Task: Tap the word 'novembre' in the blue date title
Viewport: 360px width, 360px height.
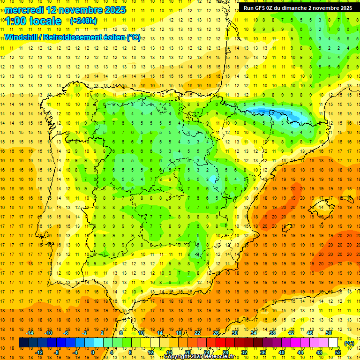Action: coord(75,10)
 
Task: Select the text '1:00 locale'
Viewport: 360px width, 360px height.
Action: coord(33,21)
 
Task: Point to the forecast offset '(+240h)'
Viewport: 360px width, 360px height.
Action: coord(83,21)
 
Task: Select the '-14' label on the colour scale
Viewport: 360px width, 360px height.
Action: coord(30,332)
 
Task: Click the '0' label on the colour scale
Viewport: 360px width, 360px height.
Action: coord(93,352)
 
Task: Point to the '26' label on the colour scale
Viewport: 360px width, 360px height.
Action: coord(216,332)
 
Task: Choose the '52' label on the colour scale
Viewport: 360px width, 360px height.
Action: coord(338,352)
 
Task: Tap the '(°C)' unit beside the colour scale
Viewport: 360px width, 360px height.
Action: coord(349,343)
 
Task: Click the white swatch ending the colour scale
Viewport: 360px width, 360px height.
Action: coord(333,343)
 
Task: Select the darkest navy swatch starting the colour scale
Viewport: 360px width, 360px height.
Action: coord(23,343)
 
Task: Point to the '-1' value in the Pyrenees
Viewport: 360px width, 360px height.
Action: coord(291,113)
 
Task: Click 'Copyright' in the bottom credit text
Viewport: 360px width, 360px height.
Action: coord(177,357)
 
